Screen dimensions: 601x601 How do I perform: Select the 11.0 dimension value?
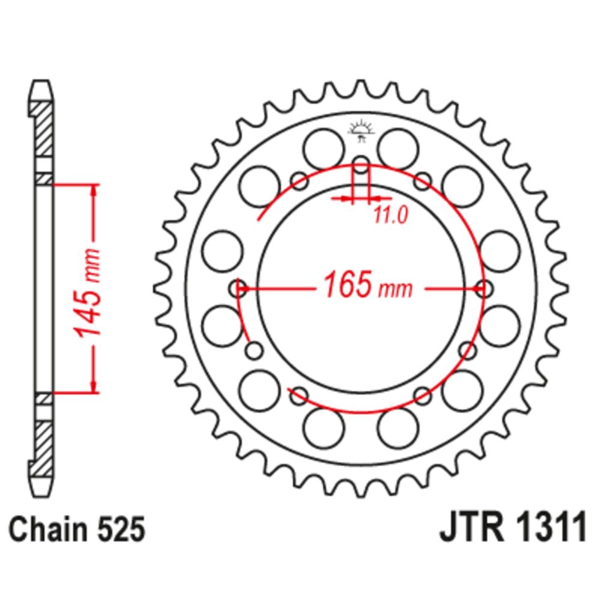click(390, 215)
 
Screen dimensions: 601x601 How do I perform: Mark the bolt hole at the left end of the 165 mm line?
click(239, 289)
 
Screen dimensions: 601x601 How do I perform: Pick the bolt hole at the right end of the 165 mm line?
click(483, 289)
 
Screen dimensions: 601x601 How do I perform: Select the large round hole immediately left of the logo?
click(323, 147)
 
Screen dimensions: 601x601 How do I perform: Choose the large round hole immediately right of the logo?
click(398, 147)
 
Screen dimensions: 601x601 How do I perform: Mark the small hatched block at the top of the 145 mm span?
click(43, 178)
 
